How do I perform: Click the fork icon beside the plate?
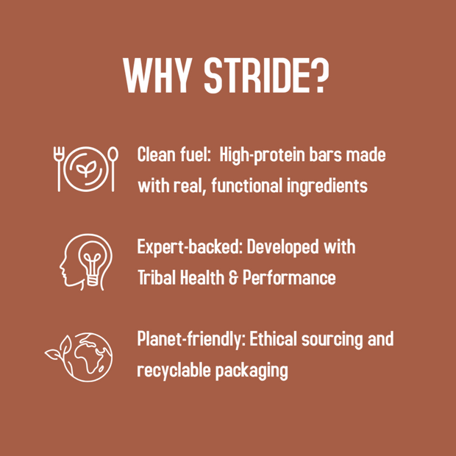59,169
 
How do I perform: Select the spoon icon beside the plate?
113,169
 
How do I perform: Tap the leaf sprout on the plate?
86,168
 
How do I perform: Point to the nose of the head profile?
61,266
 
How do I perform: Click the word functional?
247,185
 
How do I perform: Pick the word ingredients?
327,185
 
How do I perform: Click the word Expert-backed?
190,247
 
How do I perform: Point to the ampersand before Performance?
233,277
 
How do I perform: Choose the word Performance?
289,277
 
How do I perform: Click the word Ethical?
274,338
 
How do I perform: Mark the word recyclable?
174,370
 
